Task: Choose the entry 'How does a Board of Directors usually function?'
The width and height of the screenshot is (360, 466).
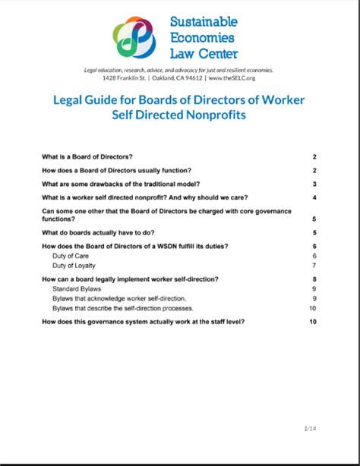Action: [116, 170]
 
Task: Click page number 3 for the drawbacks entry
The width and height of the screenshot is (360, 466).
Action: [314, 184]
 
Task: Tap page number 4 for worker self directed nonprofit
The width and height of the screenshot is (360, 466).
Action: [314, 197]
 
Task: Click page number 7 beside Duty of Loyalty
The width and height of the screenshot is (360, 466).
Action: [314, 266]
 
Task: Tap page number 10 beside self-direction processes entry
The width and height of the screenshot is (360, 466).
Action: [312, 308]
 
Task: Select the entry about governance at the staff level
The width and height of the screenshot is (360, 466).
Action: [144, 322]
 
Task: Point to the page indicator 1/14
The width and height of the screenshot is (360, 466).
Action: [309, 430]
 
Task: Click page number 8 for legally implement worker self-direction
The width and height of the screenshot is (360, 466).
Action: [314, 280]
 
